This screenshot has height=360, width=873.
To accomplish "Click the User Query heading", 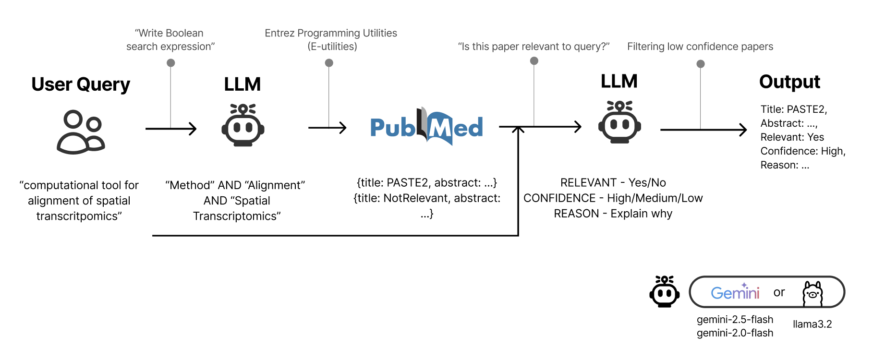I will point(81,84).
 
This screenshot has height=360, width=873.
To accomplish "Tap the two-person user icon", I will point(81,132).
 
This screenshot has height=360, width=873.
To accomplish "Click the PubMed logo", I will point(426,127).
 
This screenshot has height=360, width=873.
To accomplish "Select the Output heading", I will point(789,82).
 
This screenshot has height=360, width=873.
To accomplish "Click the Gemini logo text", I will point(735,292).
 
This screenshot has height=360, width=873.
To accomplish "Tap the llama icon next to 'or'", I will point(812,293).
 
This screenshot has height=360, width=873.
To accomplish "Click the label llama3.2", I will point(812,324).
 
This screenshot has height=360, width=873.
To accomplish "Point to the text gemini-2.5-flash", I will point(735,319).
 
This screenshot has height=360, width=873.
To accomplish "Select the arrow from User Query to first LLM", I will point(171,129).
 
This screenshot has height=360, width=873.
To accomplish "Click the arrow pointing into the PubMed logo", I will point(327,128).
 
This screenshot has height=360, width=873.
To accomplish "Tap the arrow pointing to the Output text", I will point(703,130).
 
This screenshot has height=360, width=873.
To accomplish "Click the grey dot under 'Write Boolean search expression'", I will point(170,63).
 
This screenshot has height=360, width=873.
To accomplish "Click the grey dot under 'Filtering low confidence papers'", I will point(701,64).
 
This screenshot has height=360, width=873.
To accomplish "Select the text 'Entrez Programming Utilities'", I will point(331,33).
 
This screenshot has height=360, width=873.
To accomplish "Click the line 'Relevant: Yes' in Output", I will point(792,137).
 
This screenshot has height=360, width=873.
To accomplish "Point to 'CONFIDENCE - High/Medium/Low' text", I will point(613,198).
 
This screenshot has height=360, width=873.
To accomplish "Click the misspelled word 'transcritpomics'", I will point(79,216).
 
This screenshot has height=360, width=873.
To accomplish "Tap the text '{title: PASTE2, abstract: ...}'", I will point(426,183).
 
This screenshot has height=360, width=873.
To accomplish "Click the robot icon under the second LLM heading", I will point(619,122).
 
